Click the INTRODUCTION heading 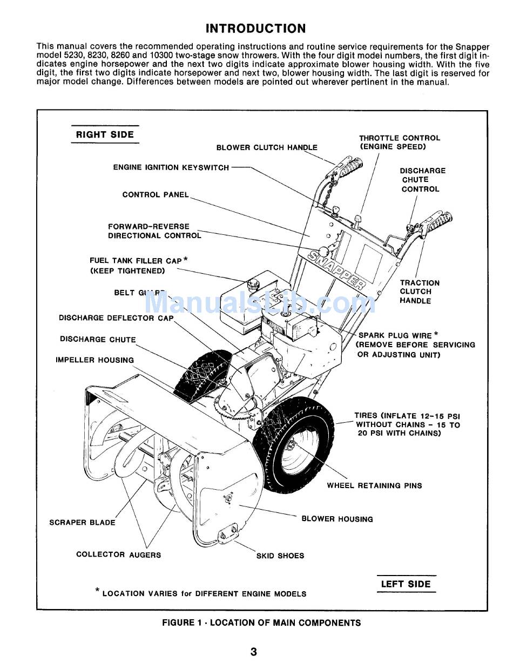click(x=256, y=29)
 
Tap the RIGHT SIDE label click(x=105, y=135)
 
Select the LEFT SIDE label click(x=406, y=584)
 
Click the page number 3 click(x=254, y=652)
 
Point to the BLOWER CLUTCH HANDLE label click(x=267, y=147)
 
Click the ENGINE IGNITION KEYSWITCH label click(x=171, y=167)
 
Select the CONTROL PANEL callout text click(x=156, y=195)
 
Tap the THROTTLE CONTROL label click(x=400, y=138)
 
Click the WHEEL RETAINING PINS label click(x=374, y=485)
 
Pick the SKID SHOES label click(x=280, y=556)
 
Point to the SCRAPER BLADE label click(x=82, y=523)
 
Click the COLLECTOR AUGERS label click(x=118, y=554)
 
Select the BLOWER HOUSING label click(x=337, y=519)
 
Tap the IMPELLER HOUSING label click(x=94, y=360)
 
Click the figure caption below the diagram click(x=261, y=623)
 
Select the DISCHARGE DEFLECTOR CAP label click(x=116, y=318)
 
